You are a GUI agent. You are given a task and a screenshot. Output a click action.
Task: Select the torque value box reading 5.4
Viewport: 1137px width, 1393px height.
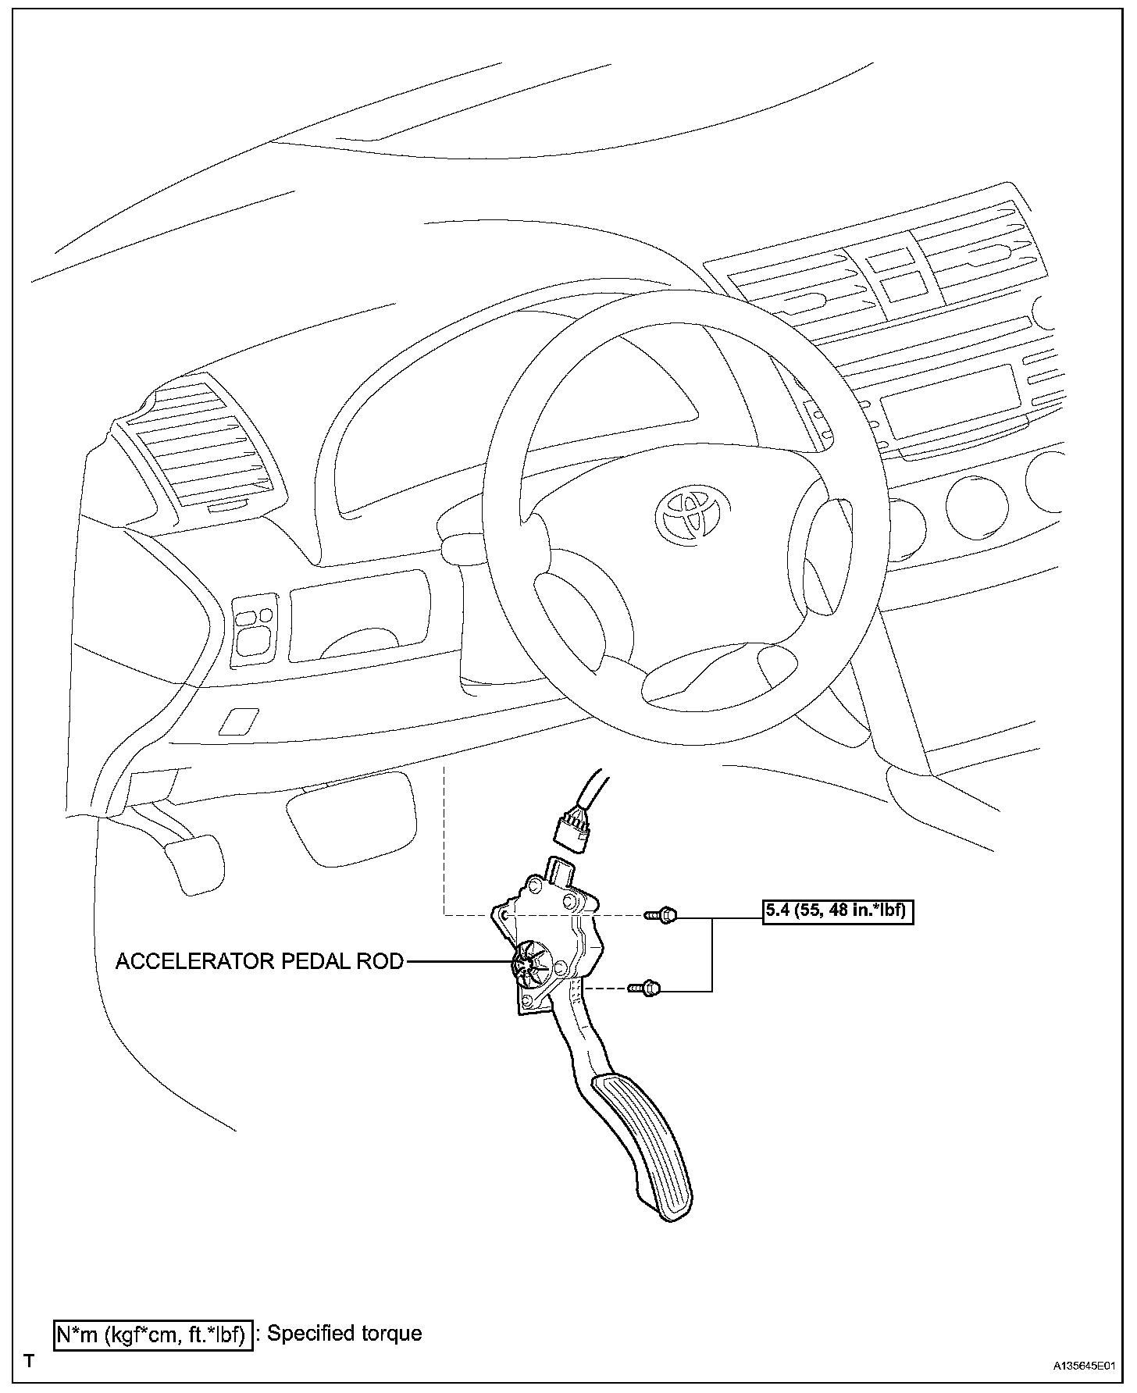pos(837,911)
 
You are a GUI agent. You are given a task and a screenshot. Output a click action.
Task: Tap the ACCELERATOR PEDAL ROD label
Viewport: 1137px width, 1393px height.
pos(259,961)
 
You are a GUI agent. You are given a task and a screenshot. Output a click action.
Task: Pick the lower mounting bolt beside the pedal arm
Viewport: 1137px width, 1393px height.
pos(645,989)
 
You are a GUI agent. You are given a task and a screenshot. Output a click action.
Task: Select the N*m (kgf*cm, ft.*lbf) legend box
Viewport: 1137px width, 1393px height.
pos(152,1334)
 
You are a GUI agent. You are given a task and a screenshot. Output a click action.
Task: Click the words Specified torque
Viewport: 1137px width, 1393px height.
pos(344,1333)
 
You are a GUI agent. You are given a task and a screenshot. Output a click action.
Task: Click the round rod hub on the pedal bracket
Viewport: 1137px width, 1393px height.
pos(532,961)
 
